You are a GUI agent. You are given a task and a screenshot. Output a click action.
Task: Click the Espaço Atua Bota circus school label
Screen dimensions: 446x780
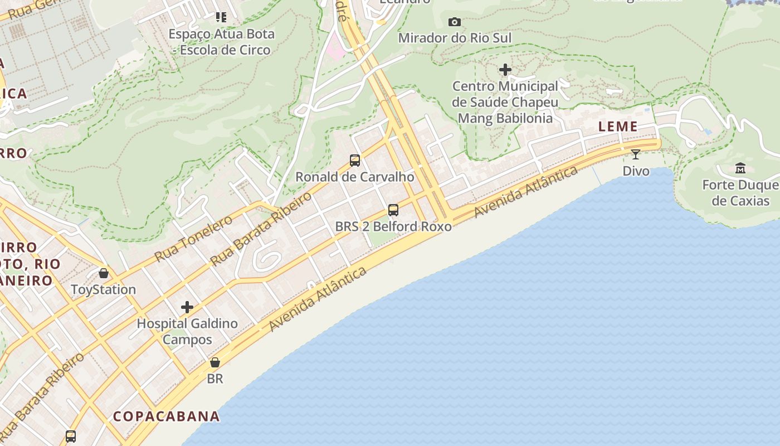coord(222,42)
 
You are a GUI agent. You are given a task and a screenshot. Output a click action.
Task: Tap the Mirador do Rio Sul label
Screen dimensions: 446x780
coord(455,38)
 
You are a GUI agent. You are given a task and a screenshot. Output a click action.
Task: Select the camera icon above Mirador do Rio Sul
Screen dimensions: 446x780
coord(455,22)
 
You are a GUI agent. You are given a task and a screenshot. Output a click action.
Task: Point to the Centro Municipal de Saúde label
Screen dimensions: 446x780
coord(505,102)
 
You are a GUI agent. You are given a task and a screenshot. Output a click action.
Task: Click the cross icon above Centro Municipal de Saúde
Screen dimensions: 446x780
coord(505,70)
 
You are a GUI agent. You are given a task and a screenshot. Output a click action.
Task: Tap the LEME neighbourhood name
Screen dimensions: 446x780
coord(618,127)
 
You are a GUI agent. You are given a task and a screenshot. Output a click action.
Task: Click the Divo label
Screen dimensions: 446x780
coord(636,171)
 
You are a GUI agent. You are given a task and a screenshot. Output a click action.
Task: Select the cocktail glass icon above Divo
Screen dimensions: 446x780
coord(636,154)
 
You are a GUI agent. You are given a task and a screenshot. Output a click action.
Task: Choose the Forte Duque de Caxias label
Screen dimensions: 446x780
coord(740,192)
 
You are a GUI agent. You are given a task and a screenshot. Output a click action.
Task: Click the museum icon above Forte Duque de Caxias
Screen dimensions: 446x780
coord(740,168)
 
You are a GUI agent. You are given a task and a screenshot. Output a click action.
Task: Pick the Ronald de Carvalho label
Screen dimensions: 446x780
coord(355,177)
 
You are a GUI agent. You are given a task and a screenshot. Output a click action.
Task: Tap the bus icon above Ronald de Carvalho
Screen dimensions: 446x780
coord(355,161)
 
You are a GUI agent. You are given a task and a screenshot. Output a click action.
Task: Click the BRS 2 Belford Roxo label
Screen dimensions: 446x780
coord(393,226)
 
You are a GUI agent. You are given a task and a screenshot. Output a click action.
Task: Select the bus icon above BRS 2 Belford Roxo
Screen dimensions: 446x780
coord(393,210)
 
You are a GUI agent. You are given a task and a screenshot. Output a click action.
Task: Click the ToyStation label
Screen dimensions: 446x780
coord(104,289)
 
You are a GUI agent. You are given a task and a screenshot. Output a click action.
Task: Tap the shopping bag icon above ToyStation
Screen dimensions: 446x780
coord(104,273)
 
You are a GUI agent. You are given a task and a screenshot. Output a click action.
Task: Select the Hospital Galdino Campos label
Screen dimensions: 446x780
coord(187,331)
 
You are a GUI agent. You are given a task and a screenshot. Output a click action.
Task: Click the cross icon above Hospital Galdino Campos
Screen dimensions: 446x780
coord(187,307)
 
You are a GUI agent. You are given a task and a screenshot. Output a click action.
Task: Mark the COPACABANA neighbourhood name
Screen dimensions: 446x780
coord(167,416)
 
